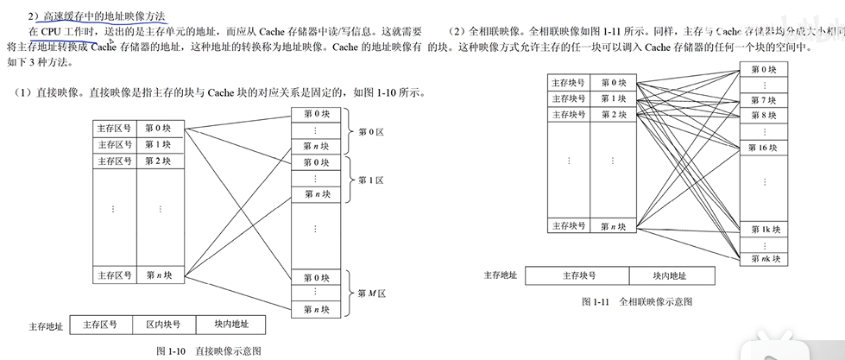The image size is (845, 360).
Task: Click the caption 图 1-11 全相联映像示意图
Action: (637, 302)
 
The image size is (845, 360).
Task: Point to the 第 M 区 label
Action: (371, 294)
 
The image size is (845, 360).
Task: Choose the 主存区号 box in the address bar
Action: (100, 325)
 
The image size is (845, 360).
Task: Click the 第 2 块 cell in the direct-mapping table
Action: (158, 161)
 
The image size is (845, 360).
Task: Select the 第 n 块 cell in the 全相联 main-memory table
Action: (614, 226)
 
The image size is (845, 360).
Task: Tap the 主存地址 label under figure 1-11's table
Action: (500, 275)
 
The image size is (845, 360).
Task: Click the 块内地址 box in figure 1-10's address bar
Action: (231, 325)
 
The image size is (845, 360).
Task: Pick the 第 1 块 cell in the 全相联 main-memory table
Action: (614, 98)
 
